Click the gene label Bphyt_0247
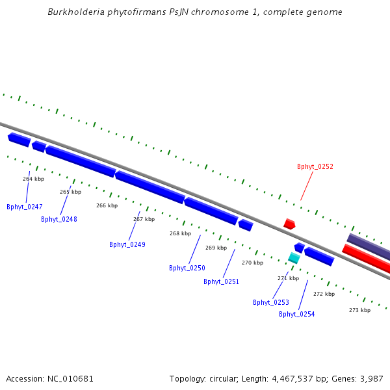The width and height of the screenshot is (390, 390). [x=25, y=207]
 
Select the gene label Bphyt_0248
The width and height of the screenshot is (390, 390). [x=59, y=220]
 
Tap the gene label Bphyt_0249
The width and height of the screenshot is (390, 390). [x=127, y=245]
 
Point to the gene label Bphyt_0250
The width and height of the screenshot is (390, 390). [x=187, y=268]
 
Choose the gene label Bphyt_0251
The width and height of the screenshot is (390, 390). [x=222, y=282]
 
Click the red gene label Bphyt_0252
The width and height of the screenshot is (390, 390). [x=315, y=167]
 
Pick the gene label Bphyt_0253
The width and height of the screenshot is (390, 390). [x=271, y=303]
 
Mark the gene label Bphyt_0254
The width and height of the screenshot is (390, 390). [x=297, y=315]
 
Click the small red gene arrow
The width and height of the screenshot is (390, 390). [x=289, y=224]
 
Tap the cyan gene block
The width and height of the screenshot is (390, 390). [x=294, y=258]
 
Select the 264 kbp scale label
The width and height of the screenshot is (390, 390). [x=33, y=179]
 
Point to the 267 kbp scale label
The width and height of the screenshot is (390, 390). [x=144, y=220]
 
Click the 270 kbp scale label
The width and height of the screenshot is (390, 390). [x=252, y=263]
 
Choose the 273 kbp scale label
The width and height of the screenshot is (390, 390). [x=359, y=311]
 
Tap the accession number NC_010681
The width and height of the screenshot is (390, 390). [x=70, y=379]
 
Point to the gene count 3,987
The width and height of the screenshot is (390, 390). [x=370, y=379]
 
